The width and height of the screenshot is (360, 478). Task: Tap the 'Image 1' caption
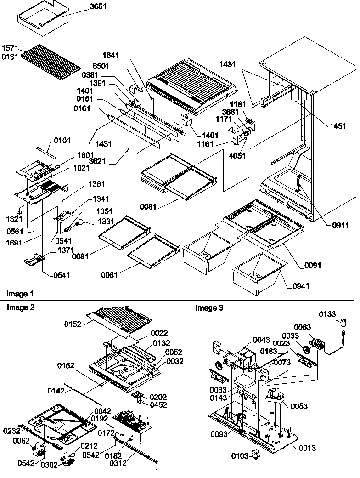click(x=20, y=294)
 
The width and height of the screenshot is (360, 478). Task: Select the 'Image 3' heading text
click(x=209, y=308)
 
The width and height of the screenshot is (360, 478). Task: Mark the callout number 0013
click(x=307, y=448)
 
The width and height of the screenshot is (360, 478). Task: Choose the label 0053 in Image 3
click(x=299, y=407)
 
